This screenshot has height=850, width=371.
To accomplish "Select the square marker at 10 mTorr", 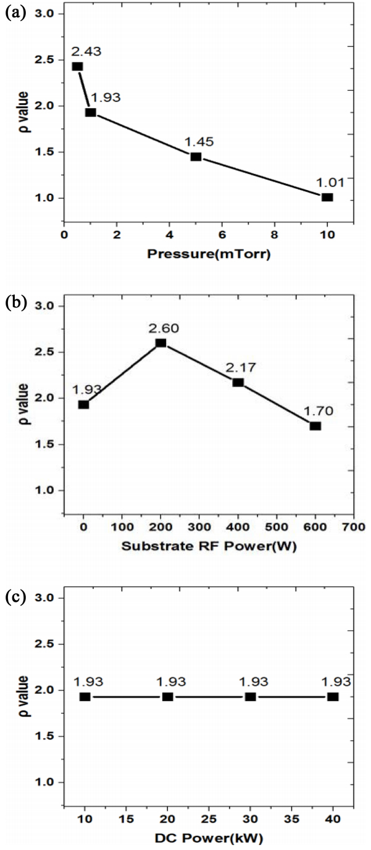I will click(x=327, y=198).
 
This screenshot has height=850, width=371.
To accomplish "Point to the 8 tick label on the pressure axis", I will click(x=275, y=235).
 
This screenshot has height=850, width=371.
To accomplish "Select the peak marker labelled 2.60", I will click(x=160, y=343).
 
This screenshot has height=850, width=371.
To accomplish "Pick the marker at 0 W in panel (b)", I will click(x=83, y=404).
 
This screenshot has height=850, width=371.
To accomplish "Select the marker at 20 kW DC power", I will click(x=167, y=697).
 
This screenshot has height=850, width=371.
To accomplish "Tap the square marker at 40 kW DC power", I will click(x=333, y=697).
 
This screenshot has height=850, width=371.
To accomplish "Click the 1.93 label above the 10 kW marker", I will click(x=87, y=682).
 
